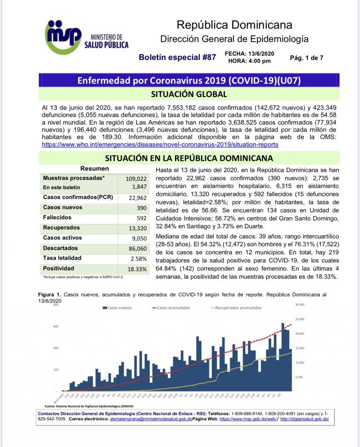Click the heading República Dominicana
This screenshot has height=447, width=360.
(x=234, y=24)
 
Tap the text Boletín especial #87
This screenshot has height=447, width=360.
(x=177, y=57)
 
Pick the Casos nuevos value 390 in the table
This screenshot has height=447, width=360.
(x=141, y=208)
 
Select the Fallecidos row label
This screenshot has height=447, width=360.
(x=57, y=217)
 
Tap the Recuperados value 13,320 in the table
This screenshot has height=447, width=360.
(x=138, y=228)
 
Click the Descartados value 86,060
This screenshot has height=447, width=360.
(x=138, y=248)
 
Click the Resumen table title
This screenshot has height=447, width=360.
(x=95, y=169)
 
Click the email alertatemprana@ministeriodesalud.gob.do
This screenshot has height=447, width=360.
(x=151, y=420)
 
